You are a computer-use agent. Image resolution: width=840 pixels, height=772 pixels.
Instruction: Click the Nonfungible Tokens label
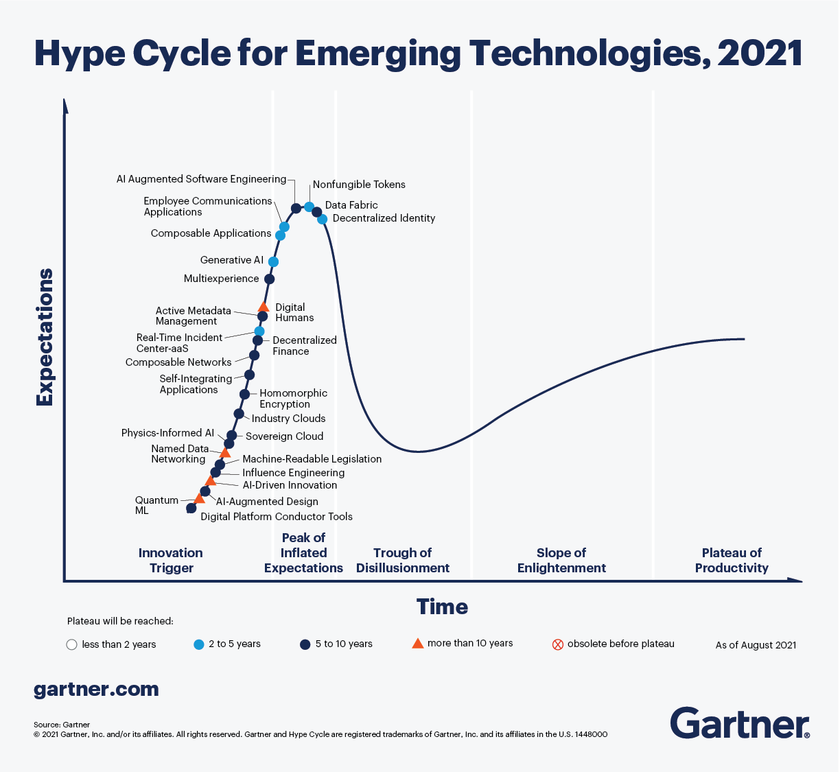(x=359, y=185)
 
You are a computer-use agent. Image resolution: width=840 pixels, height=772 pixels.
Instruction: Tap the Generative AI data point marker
(x=273, y=261)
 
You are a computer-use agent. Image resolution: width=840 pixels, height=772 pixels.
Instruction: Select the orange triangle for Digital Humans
(x=263, y=307)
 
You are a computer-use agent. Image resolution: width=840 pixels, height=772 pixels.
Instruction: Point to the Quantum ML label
(x=147, y=505)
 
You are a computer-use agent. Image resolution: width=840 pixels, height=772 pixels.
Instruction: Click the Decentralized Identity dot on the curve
(x=322, y=219)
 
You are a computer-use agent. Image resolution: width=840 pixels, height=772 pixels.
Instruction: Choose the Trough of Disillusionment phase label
(x=403, y=560)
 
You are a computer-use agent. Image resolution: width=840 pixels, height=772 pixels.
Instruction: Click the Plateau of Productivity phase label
(x=732, y=560)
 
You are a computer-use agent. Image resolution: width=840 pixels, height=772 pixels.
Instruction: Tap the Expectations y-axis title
(x=45, y=337)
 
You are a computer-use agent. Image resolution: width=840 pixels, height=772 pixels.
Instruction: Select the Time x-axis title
(x=442, y=607)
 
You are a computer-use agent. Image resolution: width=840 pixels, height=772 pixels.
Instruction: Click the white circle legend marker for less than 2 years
(x=71, y=644)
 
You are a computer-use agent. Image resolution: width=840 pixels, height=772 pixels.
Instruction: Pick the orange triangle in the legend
(x=417, y=643)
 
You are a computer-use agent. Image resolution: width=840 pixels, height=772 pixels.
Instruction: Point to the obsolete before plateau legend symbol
(x=558, y=644)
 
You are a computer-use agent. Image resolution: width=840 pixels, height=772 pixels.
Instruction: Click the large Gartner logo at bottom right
(x=739, y=723)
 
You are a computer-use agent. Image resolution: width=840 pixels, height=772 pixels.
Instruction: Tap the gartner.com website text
(x=96, y=689)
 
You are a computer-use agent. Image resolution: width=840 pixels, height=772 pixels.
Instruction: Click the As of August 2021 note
(x=756, y=645)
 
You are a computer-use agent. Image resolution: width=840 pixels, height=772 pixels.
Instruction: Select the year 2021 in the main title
(x=760, y=54)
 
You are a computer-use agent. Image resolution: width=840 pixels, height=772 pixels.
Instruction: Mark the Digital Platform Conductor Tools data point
(x=191, y=508)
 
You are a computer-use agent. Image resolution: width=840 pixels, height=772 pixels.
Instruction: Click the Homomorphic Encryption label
(x=293, y=399)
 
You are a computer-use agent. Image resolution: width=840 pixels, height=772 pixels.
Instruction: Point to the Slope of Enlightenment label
(x=561, y=560)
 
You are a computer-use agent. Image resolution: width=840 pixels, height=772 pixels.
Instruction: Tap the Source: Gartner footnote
(x=62, y=725)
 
